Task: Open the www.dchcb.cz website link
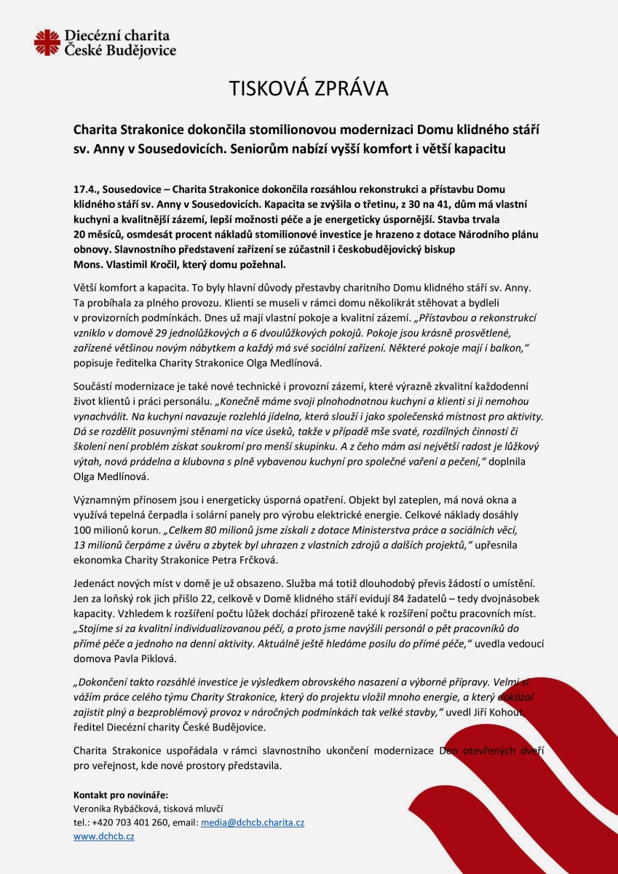(104, 836)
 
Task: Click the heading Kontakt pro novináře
(120, 795)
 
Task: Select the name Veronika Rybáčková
(116, 808)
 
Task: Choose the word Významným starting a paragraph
(103, 500)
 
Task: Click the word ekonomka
(99, 559)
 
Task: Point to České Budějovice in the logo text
(120, 51)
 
